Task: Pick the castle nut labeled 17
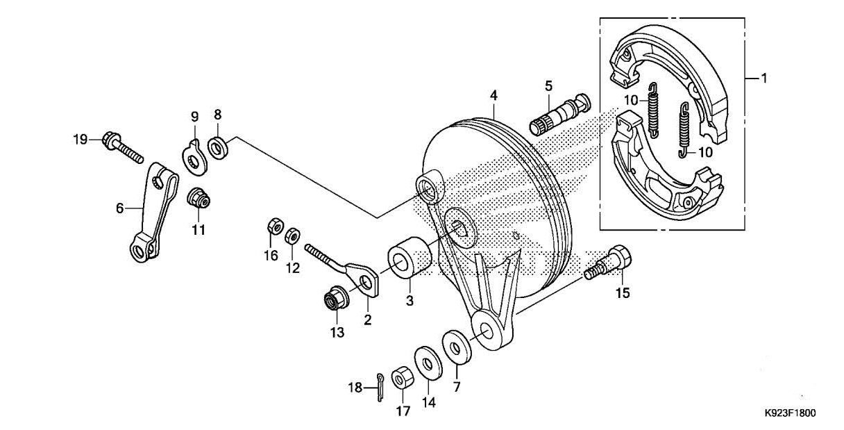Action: point(401,378)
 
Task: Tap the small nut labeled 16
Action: point(273,226)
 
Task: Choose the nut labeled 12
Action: point(292,233)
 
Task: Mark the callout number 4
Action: point(493,93)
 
